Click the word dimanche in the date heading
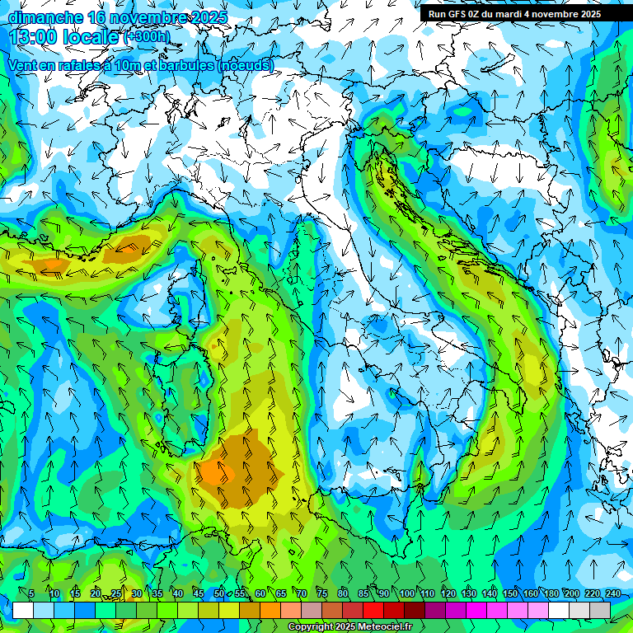click(45, 16)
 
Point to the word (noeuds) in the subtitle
click(245, 65)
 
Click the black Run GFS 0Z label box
click(513, 13)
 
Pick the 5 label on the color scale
click(31, 593)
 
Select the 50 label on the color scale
click(218, 593)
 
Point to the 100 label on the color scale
click(407, 593)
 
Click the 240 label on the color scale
click(613, 593)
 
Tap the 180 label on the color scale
click(551, 593)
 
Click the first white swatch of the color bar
click(23, 610)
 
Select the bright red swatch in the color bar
click(373, 610)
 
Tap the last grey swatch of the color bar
click(600, 610)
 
